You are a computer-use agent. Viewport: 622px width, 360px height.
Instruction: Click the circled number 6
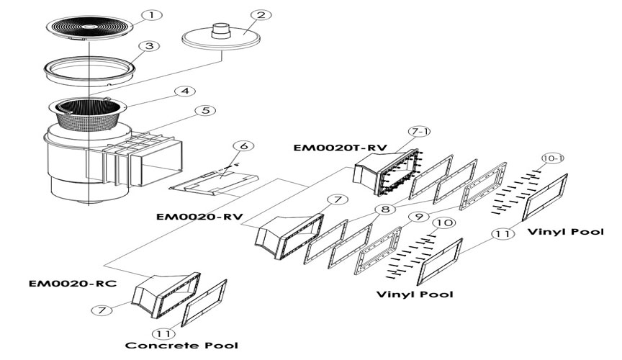(245, 146)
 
